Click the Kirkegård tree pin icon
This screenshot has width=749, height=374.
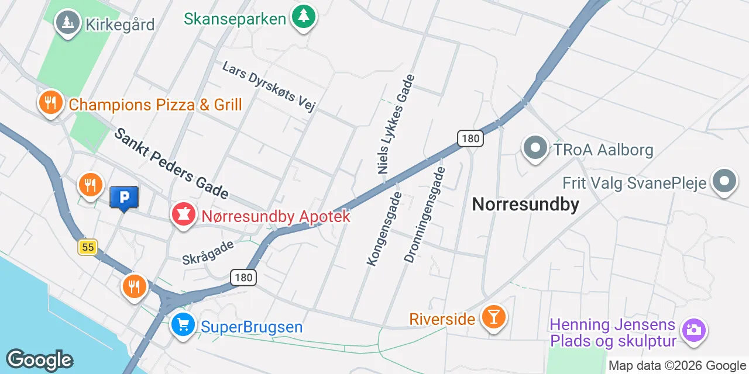[x=68, y=23]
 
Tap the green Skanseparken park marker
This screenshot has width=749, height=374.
[x=303, y=16]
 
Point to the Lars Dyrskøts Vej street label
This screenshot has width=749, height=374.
[x=269, y=86]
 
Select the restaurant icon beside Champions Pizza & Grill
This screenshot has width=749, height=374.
[x=51, y=103]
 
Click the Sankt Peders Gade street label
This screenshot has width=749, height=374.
[x=170, y=163]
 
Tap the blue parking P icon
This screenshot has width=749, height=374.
[x=124, y=198]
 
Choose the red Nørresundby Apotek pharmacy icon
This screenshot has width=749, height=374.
[x=183, y=215]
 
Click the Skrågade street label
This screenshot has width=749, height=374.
[x=208, y=252]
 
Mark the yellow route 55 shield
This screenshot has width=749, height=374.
[x=88, y=247]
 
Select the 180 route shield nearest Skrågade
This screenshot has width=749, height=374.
[x=243, y=278]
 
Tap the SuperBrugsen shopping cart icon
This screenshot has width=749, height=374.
[x=183, y=325]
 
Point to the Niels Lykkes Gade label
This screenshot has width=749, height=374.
[x=396, y=124]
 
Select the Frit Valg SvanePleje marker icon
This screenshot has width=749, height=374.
[x=724, y=182]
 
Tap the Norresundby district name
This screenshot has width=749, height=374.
[x=525, y=204]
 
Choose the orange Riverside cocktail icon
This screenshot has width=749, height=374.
[x=493, y=317]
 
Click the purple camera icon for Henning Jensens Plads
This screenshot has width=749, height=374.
[x=693, y=330]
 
